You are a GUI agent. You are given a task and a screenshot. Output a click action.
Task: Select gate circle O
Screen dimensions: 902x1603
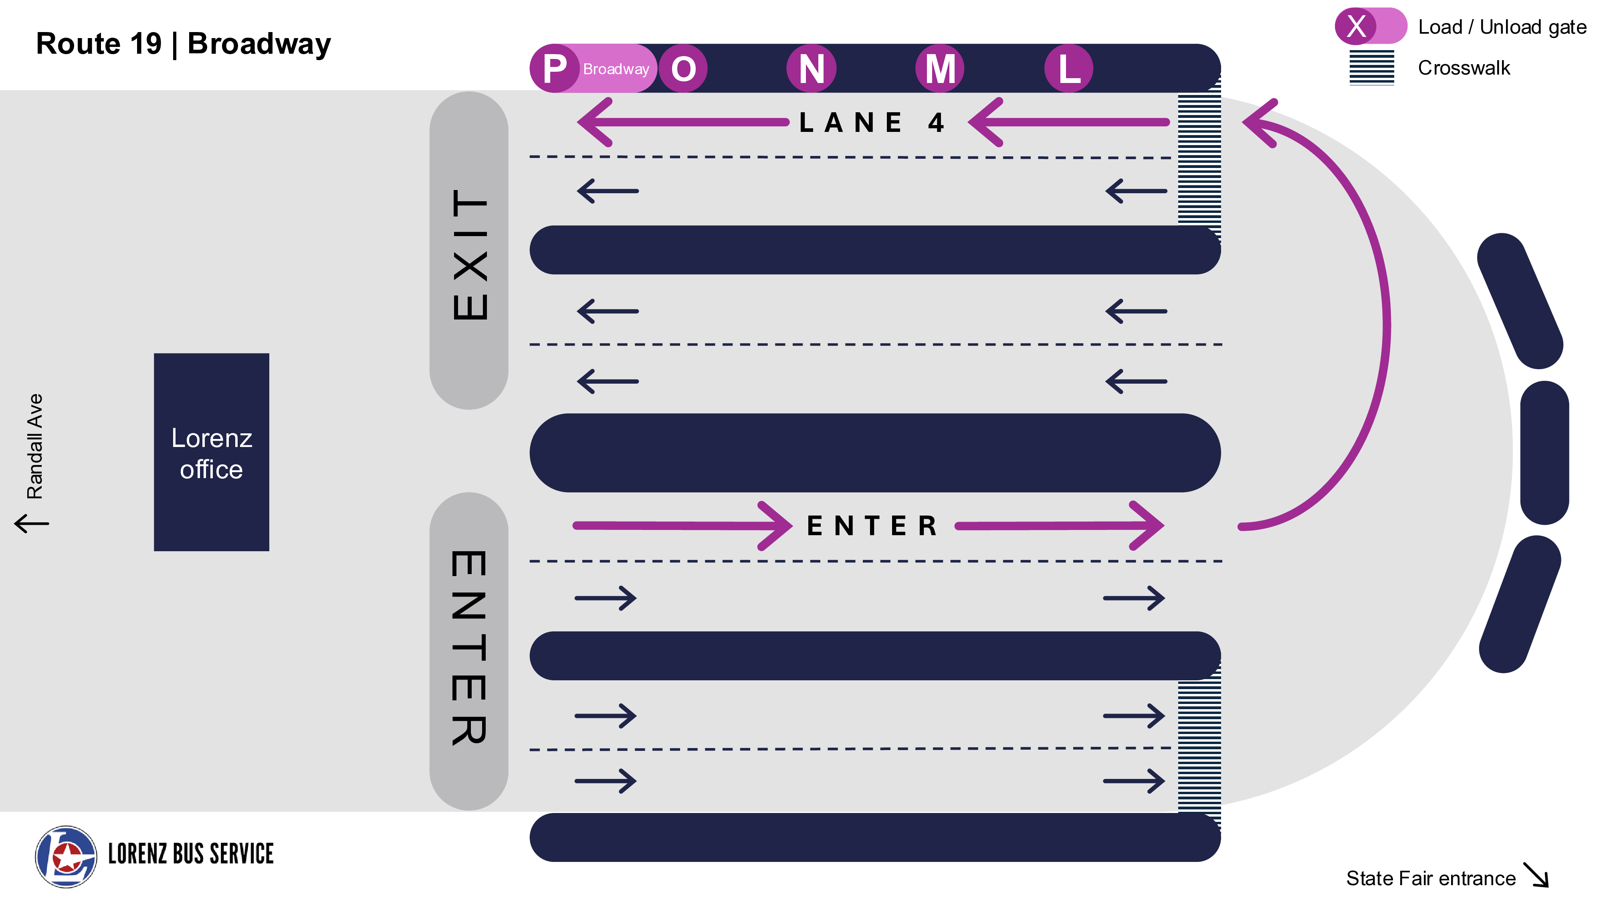click(x=683, y=69)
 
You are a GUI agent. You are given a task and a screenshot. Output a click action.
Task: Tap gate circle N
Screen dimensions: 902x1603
click(x=812, y=69)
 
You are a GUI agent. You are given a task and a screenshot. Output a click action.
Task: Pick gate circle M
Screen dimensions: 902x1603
click(x=940, y=69)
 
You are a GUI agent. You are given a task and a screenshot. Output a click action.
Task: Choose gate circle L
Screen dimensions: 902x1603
click(x=1068, y=69)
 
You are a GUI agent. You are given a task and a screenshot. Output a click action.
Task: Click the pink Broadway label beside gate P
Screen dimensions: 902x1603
click(x=616, y=69)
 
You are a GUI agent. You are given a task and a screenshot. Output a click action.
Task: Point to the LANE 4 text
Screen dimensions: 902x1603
click(x=871, y=123)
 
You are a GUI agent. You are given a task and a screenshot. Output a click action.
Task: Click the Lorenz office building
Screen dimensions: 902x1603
click(x=212, y=453)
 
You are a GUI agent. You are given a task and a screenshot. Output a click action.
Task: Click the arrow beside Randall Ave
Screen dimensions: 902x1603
click(x=32, y=523)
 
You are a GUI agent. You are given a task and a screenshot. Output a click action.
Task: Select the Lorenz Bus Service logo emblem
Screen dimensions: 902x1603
click(x=65, y=857)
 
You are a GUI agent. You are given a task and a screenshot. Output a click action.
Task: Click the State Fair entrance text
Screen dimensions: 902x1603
click(x=1430, y=878)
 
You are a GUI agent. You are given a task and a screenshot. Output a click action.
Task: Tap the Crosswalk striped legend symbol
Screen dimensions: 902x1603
click(x=1371, y=67)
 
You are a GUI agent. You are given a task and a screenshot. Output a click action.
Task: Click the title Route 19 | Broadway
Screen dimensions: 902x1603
click(x=184, y=44)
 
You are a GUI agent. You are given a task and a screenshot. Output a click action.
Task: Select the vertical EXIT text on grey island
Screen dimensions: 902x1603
click(x=470, y=254)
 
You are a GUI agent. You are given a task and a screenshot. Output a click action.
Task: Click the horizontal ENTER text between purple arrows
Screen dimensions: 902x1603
click(x=872, y=526)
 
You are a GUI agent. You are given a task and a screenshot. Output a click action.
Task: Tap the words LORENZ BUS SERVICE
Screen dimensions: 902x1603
click(x=191, y=854)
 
